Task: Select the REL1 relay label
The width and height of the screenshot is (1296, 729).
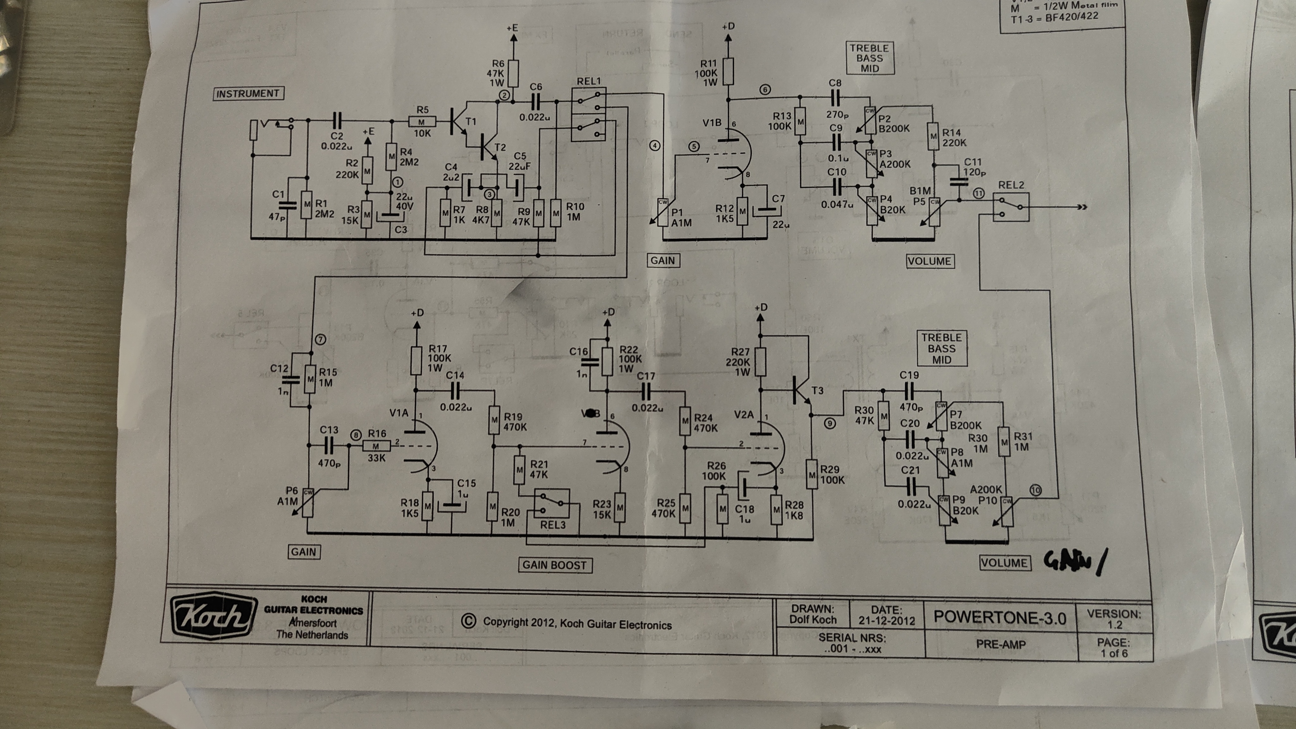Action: click(x=589, y=81)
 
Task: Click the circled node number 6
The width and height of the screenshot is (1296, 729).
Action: click(x=765, y=90)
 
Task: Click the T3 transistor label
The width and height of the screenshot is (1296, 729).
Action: click(x=818, y=390)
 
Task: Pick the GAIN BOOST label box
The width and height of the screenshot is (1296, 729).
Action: click(x=554, y=565)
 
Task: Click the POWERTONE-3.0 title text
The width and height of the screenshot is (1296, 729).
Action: click(x=1000, y=618)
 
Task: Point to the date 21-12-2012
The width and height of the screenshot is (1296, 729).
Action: click(x=887, y=620)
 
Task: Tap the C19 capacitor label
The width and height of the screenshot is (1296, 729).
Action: click(x=909, y=375)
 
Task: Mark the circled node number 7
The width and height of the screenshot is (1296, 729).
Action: click(x=321, y=340)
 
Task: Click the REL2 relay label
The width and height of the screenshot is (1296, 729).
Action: click(x=1011, y=185)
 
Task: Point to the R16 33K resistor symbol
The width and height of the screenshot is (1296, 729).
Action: click(x=376, y=446)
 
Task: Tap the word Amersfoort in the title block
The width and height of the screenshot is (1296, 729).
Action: click(x=313, y=623)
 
